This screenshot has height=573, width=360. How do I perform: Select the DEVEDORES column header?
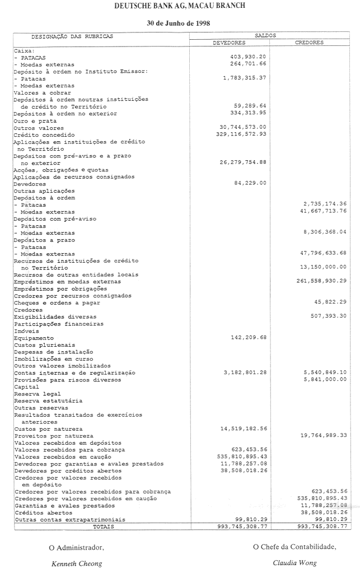pyautogui.click(x=229, y=43)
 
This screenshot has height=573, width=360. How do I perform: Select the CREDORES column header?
pyautogui.click(x=309, y=43)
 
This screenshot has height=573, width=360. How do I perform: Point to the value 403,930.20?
pyautogui.click(x=248, y=57)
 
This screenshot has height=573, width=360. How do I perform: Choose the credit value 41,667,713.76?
pyautogui.click(x=324, y=211)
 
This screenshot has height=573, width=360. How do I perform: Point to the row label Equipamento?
pyautogui.click(x=34, y=338)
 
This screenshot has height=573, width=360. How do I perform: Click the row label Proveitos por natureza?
pyautogui.click(x=54, y=436)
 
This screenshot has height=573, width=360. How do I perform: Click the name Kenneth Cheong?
pyautogui.click(x=77, y=563)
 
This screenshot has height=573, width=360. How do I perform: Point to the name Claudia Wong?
pyautogui.click(x=294, y=563)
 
